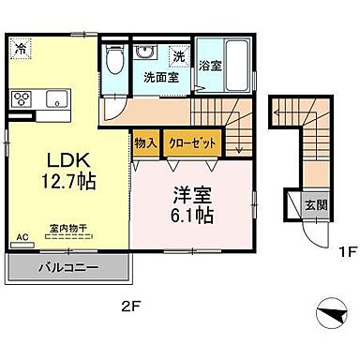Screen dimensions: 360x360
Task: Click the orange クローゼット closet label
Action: pyautogui.click(x=194, y=143)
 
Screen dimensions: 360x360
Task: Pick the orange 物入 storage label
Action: pyautogui.click(x=144, y=143)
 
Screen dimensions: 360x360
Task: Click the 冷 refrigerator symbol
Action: pyautogui.click(x=21, y=44)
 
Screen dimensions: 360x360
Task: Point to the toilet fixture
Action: pyautogui.click(x=114, y=62)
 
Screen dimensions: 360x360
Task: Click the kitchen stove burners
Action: pyautogui.click(x=22, y=97)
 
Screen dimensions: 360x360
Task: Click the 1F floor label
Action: pyautogui.click(x=324, y=252)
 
